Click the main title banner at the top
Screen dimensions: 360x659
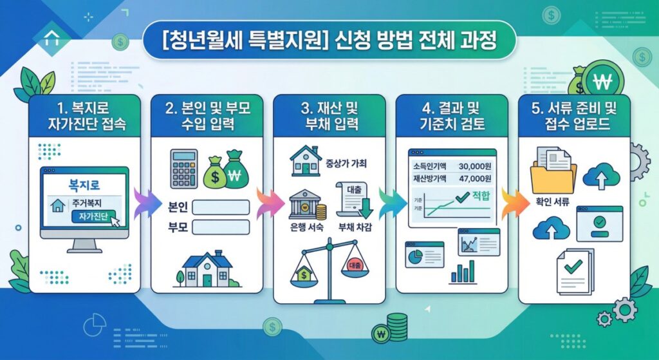329,43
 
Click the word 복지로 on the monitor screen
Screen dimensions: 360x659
85,185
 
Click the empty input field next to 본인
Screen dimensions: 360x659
220,207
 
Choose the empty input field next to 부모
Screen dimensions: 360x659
220,227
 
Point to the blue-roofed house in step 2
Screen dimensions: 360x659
207,269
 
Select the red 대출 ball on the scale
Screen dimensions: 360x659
355,265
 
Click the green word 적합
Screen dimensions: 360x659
481,196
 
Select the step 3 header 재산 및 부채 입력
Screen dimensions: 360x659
329,115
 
